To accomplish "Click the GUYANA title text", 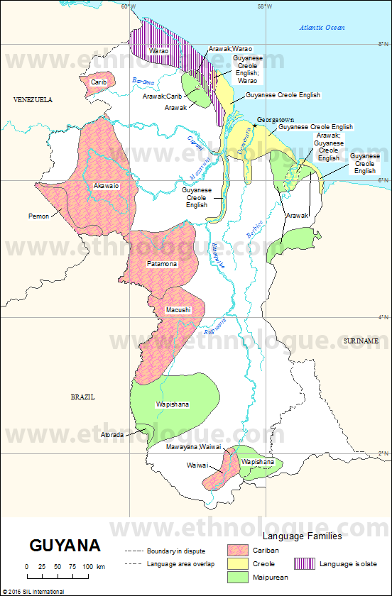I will [65, 546].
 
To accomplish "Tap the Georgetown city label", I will [276, 120].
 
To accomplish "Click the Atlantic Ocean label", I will [322, 28].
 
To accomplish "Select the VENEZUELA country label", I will [33, 100].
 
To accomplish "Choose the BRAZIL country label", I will [82, 397].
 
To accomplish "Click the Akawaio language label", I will [106, 185].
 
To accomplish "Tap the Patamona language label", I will [162, 264].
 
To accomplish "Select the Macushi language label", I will [178, 310].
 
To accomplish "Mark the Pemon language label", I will [38, 216].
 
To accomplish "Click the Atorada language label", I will [112, 434].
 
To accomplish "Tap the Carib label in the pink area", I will [98, 82].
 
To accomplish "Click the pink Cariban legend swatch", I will [238, 550].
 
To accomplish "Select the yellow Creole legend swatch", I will [238, 563].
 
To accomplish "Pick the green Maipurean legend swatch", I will [238, 577].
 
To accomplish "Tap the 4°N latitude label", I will [382, 317].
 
